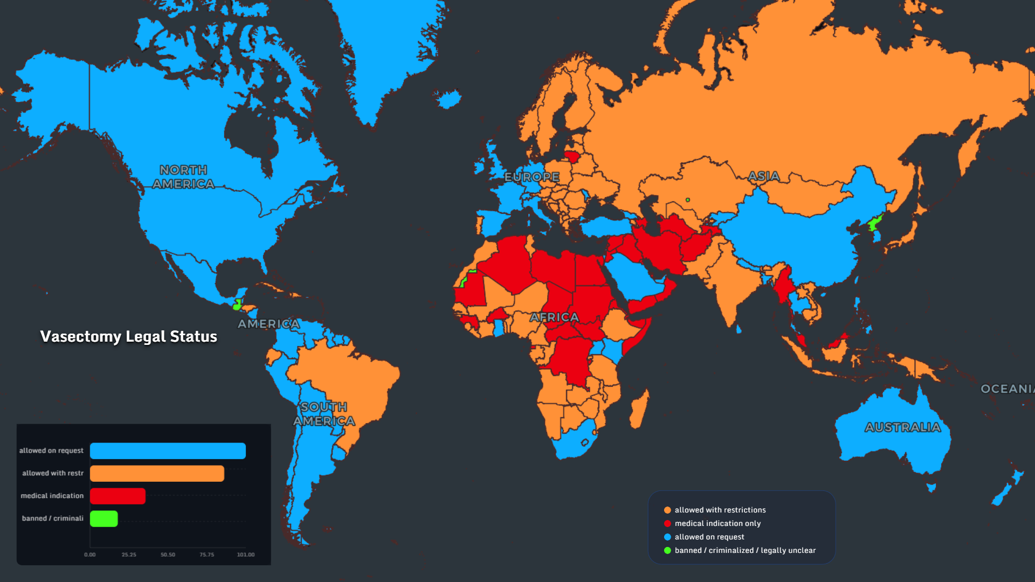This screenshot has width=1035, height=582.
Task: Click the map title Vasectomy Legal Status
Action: point(128,337)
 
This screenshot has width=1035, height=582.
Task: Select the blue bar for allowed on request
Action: point(168,451)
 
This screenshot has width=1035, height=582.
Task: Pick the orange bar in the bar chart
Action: point(157,474)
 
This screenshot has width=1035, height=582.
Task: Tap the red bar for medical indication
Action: point(118,496)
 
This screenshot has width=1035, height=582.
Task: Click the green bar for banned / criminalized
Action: point(103,518)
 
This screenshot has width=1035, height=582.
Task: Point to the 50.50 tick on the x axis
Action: point(168,555)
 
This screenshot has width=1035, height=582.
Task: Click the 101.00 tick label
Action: point(246,555)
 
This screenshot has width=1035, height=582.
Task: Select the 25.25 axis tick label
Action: point(129,555)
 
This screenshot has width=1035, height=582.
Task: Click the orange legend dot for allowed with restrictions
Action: point(667,510)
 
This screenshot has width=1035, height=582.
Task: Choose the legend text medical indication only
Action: point(717,523)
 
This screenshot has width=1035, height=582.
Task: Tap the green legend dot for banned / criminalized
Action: point(667,550)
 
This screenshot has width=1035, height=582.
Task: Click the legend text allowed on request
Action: point(709,537)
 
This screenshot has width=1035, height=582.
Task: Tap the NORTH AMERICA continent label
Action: point(183,177)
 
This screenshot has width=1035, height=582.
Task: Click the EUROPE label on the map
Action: point(532,177)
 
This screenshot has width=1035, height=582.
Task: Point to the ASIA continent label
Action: point(764,176)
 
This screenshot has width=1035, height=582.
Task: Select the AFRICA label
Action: point(554,317)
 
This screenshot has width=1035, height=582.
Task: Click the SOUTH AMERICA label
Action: point(324,414)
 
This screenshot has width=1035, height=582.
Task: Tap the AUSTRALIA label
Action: point(903,427)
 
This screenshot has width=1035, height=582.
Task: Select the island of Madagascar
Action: point(639,410)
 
